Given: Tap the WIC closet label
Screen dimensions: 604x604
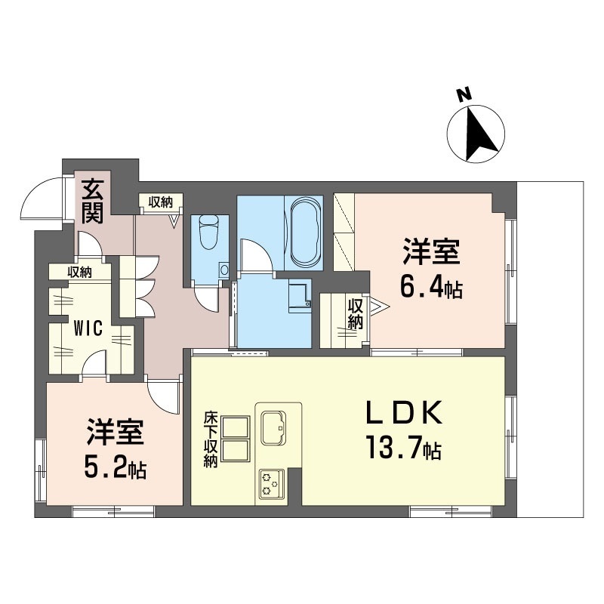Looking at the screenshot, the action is pos(88,328).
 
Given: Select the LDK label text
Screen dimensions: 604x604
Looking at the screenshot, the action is pos(404,412).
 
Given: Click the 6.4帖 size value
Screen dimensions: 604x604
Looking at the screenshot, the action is pos(431,288).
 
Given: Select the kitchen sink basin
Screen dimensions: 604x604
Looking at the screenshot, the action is pos(273,427).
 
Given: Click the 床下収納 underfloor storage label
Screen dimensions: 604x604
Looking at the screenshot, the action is pos(211,439).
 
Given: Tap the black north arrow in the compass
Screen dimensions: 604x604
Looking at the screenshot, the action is pos(479,134).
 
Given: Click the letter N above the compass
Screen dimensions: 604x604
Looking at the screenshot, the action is pos(464,95).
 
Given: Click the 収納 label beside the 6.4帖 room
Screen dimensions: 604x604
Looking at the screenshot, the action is pos(355,313).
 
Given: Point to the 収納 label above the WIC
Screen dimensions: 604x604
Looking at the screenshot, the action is pos(80,273).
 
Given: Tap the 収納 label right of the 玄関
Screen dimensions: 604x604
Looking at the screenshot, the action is pos(161,202).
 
